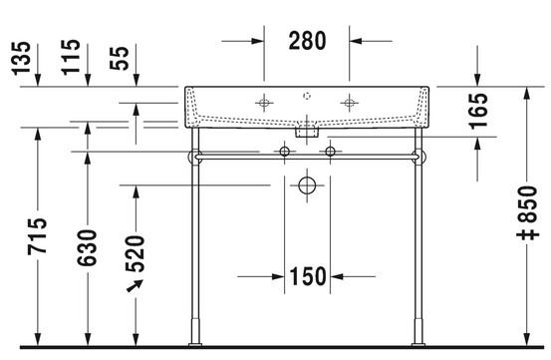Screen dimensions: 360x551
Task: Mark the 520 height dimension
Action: click(136, 251)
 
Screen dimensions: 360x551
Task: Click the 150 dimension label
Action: click(309, 275)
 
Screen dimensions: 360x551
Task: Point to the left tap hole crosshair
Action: click(264, 102)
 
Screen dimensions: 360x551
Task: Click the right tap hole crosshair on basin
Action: click(349, 102)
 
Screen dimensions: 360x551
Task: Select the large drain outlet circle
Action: click(308, 185)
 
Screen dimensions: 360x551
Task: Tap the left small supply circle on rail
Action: click(285, 151)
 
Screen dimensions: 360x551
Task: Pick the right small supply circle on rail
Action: click(331, 151)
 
